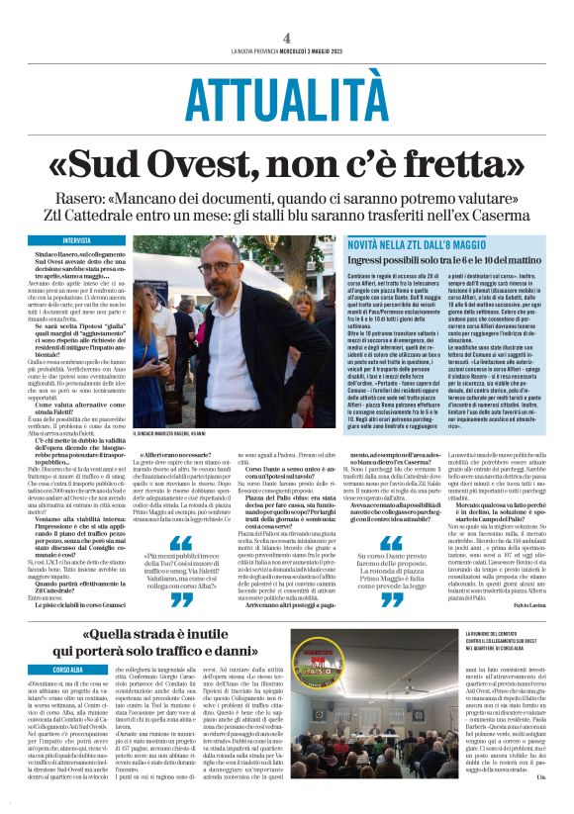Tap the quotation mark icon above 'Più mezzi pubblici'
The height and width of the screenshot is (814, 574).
pyautogui.click(x=185, y=543)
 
